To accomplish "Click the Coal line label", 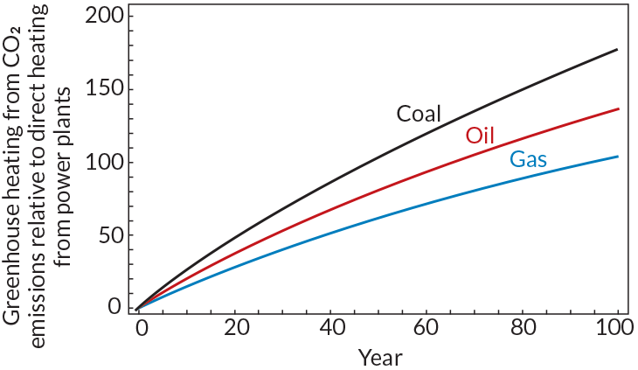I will (x=419, y=114).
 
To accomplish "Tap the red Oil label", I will (x=480, y=136).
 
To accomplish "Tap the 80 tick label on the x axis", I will (x=522, y=329).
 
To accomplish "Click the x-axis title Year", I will (x=379, y=356).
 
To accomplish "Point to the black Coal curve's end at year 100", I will (x=617, y=50).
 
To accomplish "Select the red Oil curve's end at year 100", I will (x=617, y=109).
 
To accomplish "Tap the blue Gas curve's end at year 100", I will (x=617, y=157).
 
